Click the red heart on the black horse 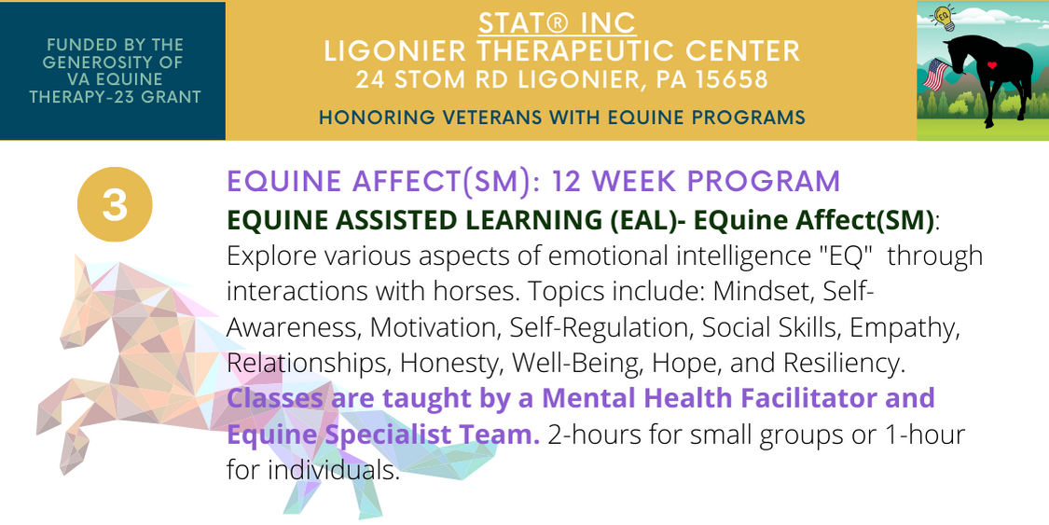(992, 65)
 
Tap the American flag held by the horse (936, 75)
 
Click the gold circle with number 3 (115, 204)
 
